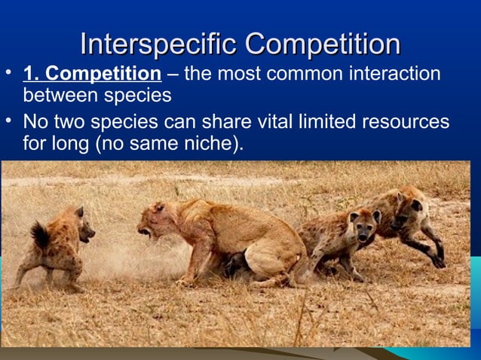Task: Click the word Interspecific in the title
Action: coord(158,44)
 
